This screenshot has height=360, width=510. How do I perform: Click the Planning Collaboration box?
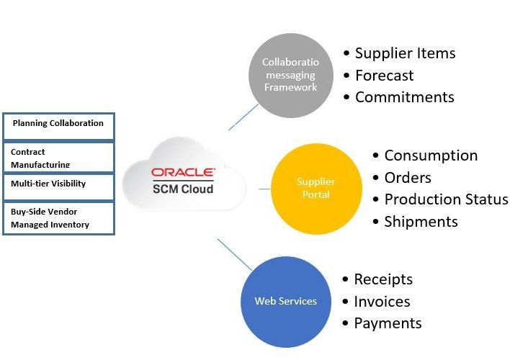pyautogui.click(x=58, y=126)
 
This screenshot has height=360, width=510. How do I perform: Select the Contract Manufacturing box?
pyautogui.click(x=58, y=157)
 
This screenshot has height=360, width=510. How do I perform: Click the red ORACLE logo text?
pyautogui.click(x=182, y=173)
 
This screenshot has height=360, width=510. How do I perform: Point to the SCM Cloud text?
pyautogui.click(x=182, y=189)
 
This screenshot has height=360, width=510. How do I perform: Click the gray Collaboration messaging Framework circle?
pyautogui.click(x=290, y=75)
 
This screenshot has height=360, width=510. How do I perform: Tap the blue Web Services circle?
pyautogui.click(x=285, y=301)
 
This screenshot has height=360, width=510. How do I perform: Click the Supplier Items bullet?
pyautogui.click(x=405, y=53)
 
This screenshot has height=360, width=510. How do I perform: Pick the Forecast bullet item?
pyautogui.click(x=384, y=76)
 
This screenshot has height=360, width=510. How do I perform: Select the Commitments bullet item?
pyautogui.click(x=404, y=97)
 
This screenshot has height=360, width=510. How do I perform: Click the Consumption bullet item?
pyautogui.click(x=431, y=156)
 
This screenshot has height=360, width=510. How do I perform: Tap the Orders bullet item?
pyautogui.click(x=408, y=178)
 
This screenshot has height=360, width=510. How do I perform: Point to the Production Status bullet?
pyautogui.click(x=446, y=199)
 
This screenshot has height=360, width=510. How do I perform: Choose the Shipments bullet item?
pyautogui.click(x=421, y=222)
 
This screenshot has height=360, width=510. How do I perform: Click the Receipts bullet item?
pyautogui.click(x=383, y=279)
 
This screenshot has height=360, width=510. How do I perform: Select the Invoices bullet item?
pyautogui.click(x=382, y=302)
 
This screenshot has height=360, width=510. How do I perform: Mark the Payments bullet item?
pyautogui.click(x=388, y=323)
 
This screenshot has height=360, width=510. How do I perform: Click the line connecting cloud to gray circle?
pyautogui.click(x=243, y=117)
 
